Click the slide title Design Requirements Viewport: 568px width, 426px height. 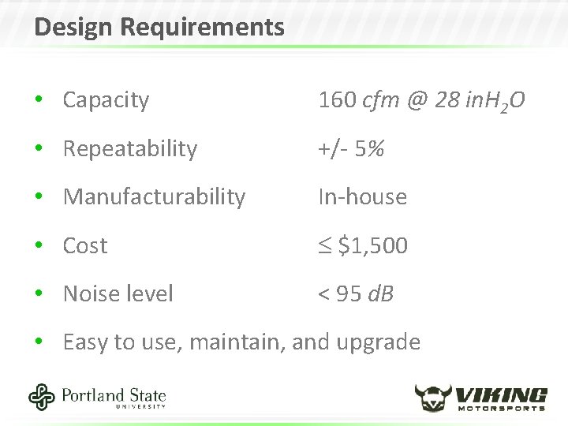[159, 28]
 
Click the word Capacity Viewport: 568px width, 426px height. [106, 100]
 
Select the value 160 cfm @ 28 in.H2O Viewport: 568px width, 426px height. [421, 101]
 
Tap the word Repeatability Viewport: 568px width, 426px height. [130, 149]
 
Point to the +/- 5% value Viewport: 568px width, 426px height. [351, 149]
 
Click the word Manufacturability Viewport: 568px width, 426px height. [154, 197]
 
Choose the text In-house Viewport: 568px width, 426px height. [362, 197]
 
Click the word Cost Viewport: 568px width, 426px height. [84, 246]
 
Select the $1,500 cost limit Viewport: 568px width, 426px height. [364, 246]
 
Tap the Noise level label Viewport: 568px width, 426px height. [118, 294]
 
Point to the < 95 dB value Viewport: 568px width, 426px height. [356, 294]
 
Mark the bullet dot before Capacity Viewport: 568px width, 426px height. [39, 101]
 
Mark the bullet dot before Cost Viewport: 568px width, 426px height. [39, 246]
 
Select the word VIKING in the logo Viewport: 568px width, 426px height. [502, 393]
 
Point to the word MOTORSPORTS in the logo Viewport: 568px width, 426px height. [502, 408]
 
